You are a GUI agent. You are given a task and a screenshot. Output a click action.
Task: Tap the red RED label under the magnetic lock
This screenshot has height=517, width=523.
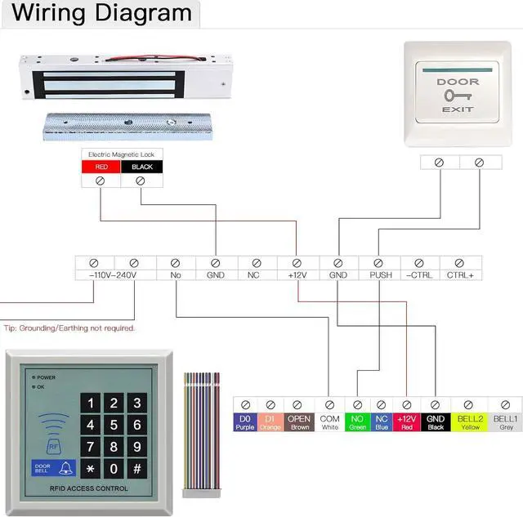click(x=101, y=167)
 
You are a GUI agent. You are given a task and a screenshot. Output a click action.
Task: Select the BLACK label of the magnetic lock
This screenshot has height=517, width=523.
click(x=141, y=167)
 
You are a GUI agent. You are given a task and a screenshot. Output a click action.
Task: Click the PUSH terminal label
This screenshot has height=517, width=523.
click(x=381, y=275)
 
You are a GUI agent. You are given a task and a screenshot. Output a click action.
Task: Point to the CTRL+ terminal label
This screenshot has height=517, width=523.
click(x=460, y=275)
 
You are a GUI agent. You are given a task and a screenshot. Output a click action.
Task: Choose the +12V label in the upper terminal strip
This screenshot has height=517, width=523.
click(x=297, y=275)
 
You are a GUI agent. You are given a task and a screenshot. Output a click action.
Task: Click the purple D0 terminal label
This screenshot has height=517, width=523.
click(x=245, y=422)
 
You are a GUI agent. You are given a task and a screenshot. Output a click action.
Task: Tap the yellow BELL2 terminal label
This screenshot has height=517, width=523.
click(x=470, y=422)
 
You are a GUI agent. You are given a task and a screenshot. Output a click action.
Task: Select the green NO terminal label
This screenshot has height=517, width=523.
click(x=357, y=422)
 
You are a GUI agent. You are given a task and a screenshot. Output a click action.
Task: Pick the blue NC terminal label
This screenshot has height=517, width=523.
click(x=380, y=422)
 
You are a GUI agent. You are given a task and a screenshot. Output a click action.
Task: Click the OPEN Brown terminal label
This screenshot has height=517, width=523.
click(x=299, y=422)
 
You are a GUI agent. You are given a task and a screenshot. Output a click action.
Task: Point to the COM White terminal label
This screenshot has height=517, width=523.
click(x=329, y=422)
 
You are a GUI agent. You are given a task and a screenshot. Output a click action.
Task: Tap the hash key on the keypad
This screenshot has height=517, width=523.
click(x=136, y=469)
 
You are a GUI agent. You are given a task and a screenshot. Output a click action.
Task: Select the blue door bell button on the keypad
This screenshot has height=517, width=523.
click(x=53, y=468)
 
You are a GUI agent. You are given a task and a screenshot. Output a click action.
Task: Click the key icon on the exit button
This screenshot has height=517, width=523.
click(x=458, y=96)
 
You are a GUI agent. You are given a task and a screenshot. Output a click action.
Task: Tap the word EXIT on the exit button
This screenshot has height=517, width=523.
click(x=458, y=109)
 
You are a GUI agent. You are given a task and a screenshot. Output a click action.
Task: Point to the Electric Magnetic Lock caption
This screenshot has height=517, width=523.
click(x=121, y=154)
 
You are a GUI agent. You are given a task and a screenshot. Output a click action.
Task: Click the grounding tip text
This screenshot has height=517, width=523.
click(x=69, y=328)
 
